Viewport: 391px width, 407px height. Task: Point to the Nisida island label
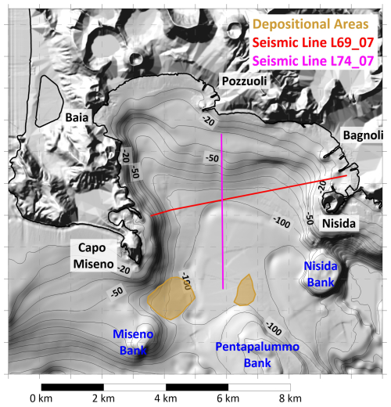(x=339, y=224)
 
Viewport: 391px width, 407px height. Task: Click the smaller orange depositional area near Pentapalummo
(x=246, y=289)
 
